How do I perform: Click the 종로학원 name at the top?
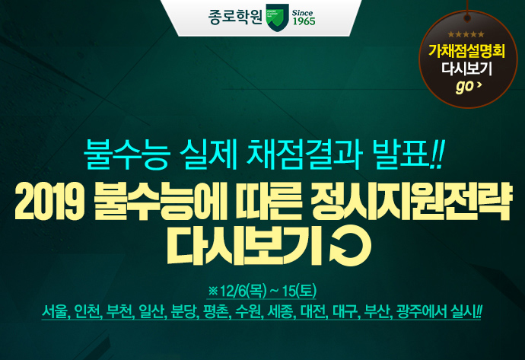coord(235,17)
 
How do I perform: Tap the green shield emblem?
coord(277,18)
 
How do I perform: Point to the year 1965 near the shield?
coord(304,21)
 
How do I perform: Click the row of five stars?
coord(466,34)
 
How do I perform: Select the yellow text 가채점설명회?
coord(466,51)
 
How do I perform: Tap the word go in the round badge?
coord(464,87)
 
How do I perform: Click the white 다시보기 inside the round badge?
coord(466,69)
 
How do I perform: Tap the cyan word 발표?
coord(402,155)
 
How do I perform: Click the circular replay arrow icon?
coord(350,247)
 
